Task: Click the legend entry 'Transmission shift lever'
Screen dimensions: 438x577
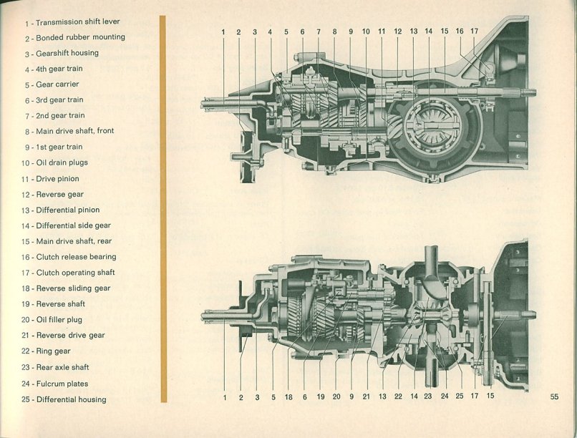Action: point(72,21)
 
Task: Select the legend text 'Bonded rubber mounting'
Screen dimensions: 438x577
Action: point(74,37)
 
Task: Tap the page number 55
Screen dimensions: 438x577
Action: point(554,397)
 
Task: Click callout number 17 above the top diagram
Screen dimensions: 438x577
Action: point(474,31)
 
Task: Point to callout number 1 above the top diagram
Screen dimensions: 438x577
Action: point(223,32)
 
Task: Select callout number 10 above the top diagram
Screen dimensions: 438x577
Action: point(366,31)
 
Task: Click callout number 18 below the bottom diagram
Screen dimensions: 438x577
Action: point(288,396)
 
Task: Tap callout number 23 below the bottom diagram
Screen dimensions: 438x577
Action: point(427,396)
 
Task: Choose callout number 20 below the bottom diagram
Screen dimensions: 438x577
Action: point(336,396)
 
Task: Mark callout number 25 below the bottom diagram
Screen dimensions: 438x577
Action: point(459,396)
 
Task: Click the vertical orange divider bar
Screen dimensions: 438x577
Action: point(163,208)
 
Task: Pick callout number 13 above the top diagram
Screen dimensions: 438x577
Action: point(413,31)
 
